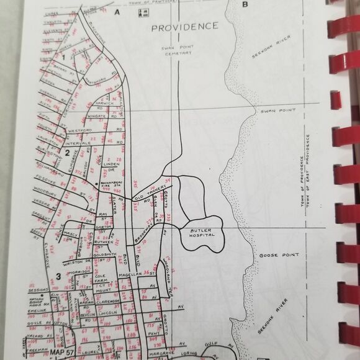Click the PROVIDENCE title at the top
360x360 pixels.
pyautogui.click(x=185, y=27)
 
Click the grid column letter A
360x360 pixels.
pyautogui.click(x=116, y=12)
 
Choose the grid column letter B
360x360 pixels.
pyautogui.click(x=245, y=6)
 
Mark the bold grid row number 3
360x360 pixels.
pyautogui.click(x=57, y=277)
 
